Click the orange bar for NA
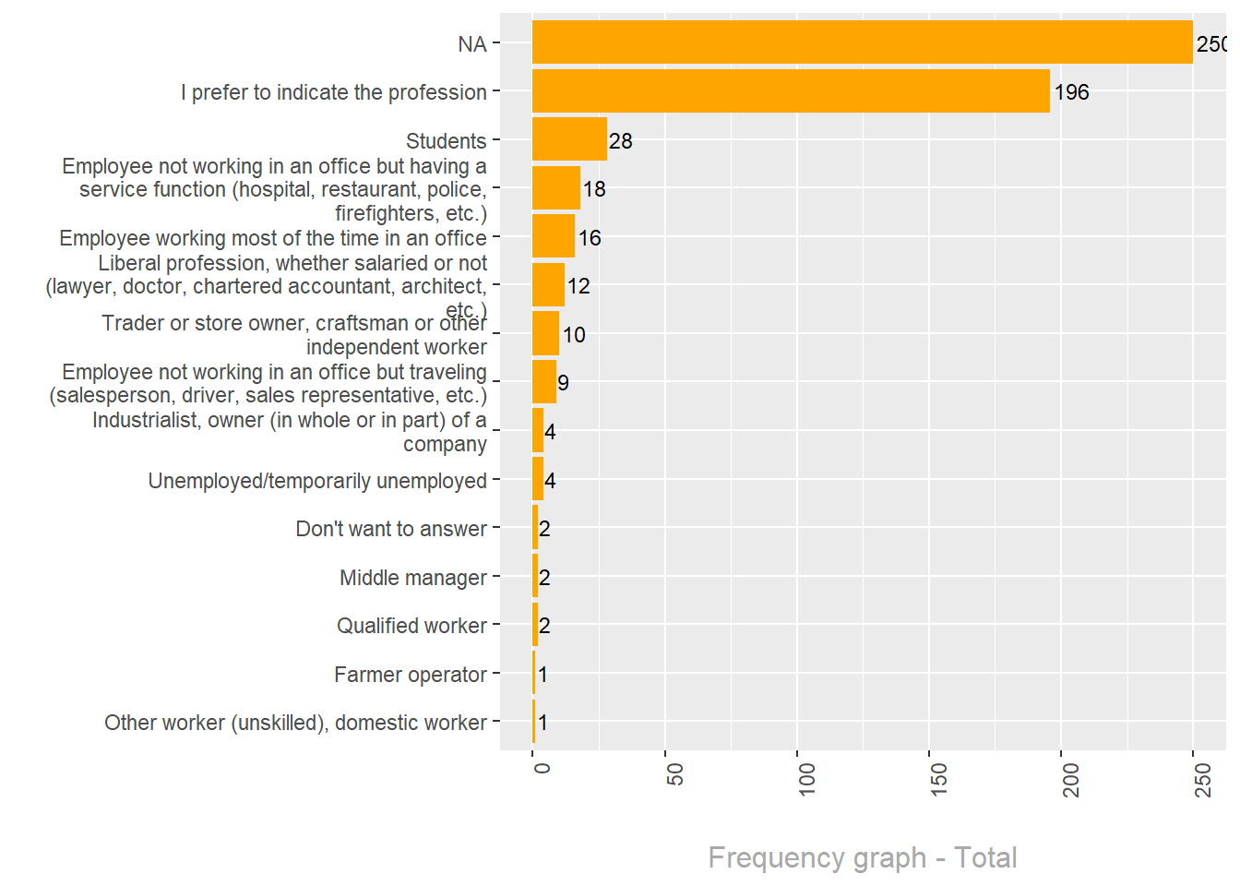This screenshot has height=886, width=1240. (862, 42)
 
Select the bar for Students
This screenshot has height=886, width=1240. (569, 139)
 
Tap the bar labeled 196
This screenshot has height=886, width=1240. (791, 91)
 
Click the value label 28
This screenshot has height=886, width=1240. (621, 141)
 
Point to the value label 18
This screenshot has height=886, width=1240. (594, 189)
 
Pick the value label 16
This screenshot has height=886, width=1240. (590, 238)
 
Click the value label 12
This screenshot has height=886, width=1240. (578, 286)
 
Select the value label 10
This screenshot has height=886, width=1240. (574, 335)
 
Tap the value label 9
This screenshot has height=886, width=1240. (563, 383)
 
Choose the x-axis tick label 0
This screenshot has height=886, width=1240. (542, 768)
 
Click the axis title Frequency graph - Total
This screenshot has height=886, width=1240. (862, 857)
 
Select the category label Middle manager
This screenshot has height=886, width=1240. (412, 578)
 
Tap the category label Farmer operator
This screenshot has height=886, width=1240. (410, 675)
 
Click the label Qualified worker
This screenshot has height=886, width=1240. (411, 626)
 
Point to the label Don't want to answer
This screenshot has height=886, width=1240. (391, 529)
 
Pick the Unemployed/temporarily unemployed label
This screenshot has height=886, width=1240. (317, 481)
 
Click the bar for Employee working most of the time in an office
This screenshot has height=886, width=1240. (554, 236)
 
